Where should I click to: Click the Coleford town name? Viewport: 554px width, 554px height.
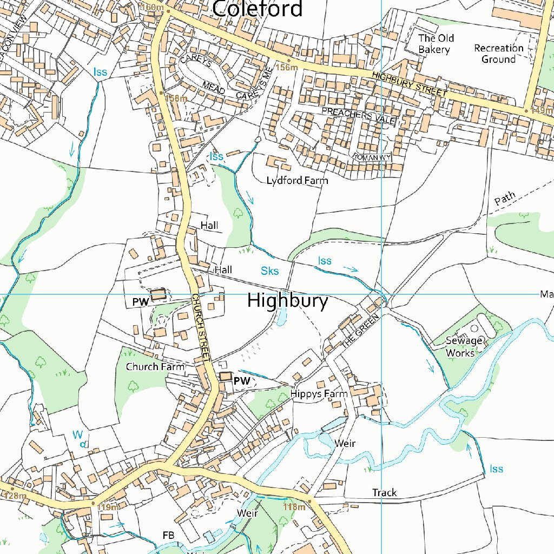[257, 9]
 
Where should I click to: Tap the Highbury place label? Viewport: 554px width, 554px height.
[287, 301]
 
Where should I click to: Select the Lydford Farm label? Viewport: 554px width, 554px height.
[297, 181]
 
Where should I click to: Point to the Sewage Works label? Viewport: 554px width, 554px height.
[464, 347]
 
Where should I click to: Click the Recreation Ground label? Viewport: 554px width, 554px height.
[498, 54]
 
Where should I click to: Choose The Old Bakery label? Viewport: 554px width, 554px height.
[436, 44]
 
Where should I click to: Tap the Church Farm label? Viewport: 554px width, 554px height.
[155, 367]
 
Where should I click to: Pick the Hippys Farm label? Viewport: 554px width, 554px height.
[319, 394]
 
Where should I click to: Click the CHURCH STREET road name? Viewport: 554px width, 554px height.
[200, 328]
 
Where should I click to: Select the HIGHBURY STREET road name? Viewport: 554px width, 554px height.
[410, 84]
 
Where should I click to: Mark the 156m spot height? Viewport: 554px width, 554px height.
[287, 67]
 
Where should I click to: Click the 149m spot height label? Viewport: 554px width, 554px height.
[541, 110]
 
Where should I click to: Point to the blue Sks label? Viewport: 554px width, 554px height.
[269, 271]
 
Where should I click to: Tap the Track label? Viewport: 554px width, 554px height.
[384, 492]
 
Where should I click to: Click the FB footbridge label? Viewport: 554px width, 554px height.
[168, 535]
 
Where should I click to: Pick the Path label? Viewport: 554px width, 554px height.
[505, 199]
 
